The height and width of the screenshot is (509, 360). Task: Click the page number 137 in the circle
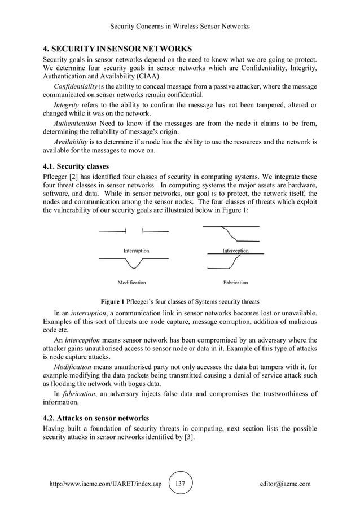181,484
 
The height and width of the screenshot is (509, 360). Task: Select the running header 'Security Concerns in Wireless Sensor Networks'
179,26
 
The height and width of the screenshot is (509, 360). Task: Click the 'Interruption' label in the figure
136,250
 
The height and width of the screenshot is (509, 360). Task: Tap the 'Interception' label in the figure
235,251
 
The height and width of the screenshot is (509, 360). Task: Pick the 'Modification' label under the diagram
131,282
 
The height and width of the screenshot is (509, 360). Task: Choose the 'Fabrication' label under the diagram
235,282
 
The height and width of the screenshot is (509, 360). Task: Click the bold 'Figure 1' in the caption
112,301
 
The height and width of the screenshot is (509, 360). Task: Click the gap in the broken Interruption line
134,231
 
